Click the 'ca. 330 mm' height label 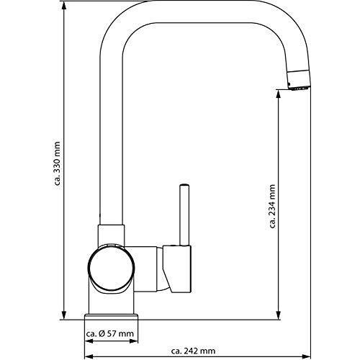pos(57,163)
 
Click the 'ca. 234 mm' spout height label pos(272,206)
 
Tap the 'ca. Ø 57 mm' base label pos(109,333)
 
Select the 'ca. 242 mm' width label pos(193,351)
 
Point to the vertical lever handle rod pos(184,215)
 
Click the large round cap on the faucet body pos(111,268)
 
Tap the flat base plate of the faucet pos(112,317)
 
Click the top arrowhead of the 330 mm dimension pos(64,6)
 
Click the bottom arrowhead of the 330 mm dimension pos(64,315)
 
